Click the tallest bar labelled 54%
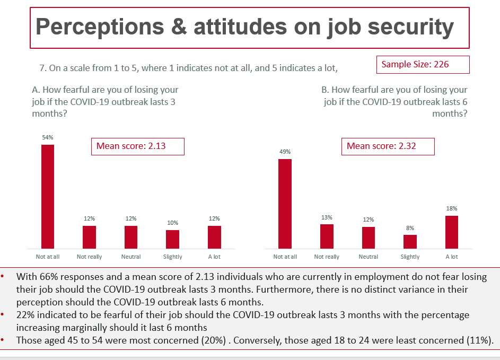pos(48,196)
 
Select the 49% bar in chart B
pos(285,204)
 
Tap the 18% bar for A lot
pos(452,232)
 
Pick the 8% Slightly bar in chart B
pos(410,241)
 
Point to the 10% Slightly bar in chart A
pos(172,239)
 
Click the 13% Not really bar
pos(327,236)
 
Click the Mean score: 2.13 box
pos(138,146)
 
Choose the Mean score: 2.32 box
pos(388,146)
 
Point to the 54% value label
pos(48,137)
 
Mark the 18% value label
pos(452,209)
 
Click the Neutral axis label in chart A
pos(131,257)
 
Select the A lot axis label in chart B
pos(452,257)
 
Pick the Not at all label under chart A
pos(48,257)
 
